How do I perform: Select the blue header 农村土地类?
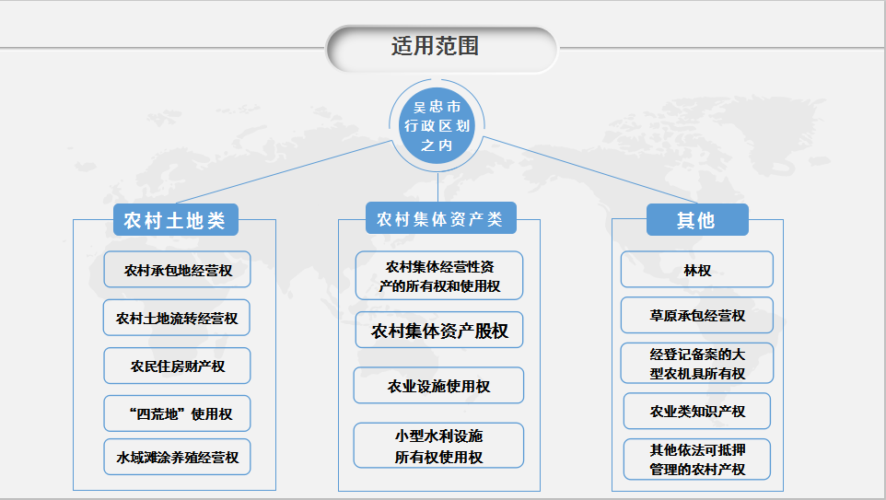point(175,221)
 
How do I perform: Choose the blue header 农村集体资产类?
point(440,219)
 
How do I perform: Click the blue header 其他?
point(696,221)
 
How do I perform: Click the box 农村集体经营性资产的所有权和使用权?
point(439,276)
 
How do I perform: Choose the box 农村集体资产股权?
point(439,331)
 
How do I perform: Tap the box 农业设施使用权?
point(438,387)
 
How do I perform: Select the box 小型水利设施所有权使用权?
point(438,446)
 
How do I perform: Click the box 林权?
point(697,271)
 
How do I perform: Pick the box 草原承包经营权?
point(697,316)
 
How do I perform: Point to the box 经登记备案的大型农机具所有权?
point(697,364)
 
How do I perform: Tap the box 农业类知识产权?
point(697,412)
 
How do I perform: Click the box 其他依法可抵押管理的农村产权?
point(697,459)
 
